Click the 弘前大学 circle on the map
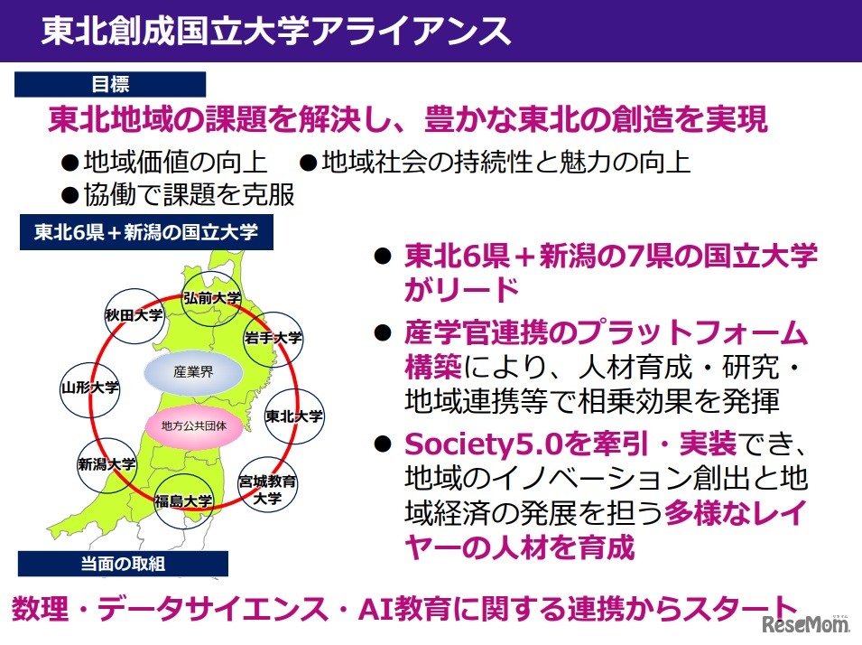pyautogui.click(x=211, y=299)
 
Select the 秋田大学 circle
pyautogui.click(x=133, y=316)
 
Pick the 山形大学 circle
pyautogui.click(x=89, y=387)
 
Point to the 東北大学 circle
pyautogui.click(x=294, y=416)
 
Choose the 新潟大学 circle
pyautogui.click(x=107, y=464)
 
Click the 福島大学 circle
pyautogui.click(x=183, y=500)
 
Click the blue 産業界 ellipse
pyautogui.click(x=193, y=371)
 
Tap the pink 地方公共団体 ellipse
pyautogui.click(x=193, y=425)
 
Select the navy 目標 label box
pyautogui.click(x=110, y=84)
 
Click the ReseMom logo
pyautogui.click(x=807, y=624)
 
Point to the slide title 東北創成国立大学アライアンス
pyautogui.click(x=275, y=29)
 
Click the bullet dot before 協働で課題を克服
pyautogui.click(x=70, y=194)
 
